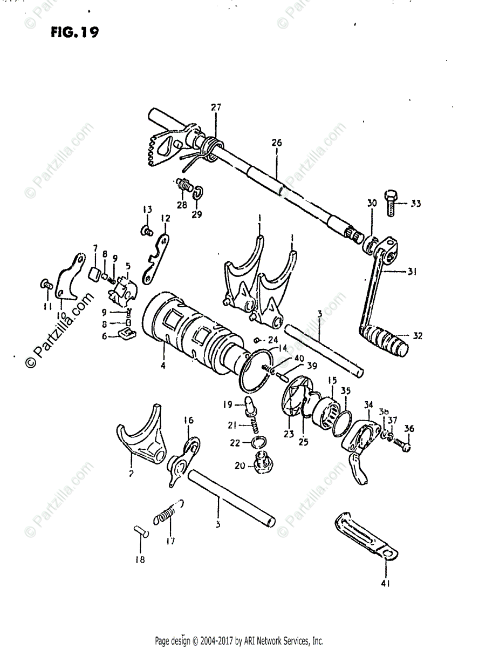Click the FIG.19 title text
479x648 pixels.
point(75,33)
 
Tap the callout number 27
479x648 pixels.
point(216,108)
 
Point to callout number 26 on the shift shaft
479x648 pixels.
point(276,143)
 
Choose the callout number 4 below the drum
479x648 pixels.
point(162,366)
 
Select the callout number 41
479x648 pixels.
point(386,583)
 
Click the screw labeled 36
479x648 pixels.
point(402,444)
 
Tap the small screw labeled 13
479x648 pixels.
point(144,231)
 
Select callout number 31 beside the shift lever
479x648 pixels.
point(412,273)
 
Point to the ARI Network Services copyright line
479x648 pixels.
point(239,641)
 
